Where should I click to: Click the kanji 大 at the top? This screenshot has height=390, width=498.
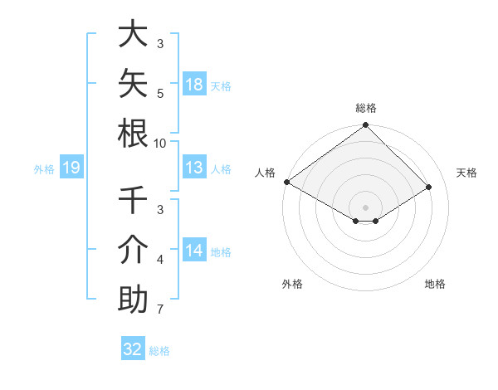click(133, 33)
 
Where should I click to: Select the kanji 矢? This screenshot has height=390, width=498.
click(133, 83)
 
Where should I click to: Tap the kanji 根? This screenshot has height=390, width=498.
click(133, 134)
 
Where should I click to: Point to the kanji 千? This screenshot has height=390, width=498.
click(133, 199)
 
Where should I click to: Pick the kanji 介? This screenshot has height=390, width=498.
click(133, 250)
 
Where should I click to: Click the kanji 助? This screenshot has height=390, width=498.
click(133, 299)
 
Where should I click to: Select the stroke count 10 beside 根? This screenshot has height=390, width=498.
click(159, 144)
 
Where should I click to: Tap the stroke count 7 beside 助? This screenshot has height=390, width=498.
click(160, 309)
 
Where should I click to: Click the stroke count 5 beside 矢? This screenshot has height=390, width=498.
click(160, 94)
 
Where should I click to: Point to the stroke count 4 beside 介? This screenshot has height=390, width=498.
click(160, 260)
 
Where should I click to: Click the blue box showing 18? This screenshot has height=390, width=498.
click(194, 84)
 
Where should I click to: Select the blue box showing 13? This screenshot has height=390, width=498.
click(194, 167)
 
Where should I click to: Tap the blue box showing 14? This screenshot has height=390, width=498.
click(194, 249)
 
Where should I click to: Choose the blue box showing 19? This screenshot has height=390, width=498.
click(71, 167)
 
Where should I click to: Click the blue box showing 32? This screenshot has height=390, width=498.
click(133, 348)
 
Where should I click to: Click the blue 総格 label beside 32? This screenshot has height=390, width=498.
click(159, 351)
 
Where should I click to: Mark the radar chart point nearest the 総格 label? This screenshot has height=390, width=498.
click(365, 124)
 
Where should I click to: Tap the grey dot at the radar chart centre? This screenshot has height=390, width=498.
click(365, 207)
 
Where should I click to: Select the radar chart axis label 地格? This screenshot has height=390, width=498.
click(435, 284)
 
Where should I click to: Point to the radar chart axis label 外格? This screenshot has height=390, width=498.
click(292, 284)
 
